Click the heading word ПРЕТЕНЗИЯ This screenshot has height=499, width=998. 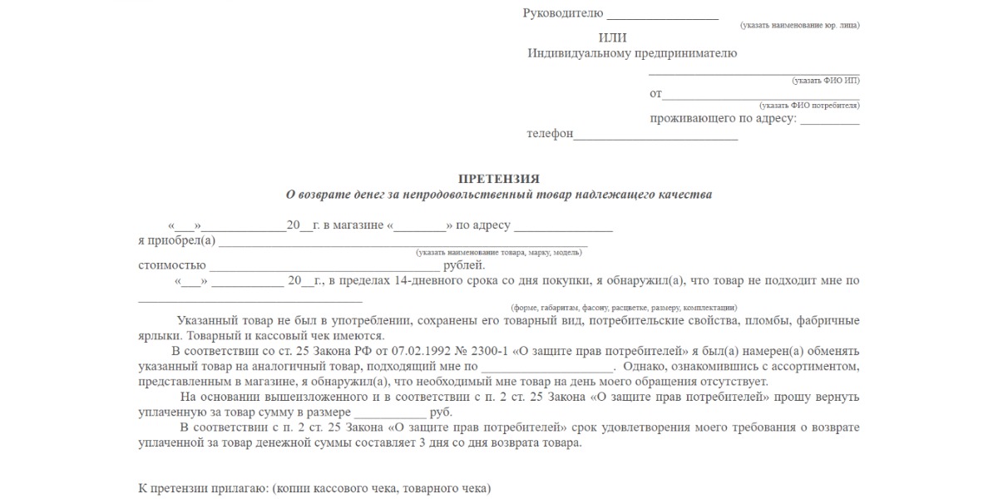[499, 179]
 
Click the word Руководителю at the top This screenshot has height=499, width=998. [561, 13]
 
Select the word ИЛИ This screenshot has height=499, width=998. [613, 37]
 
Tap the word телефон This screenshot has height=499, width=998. [550, 134]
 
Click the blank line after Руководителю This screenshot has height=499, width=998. [663, 16]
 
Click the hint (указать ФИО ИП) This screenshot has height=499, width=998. [826, 81]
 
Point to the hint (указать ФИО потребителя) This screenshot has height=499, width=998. [809, 106]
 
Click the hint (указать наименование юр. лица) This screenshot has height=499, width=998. [800, 26]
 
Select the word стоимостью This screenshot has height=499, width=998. [171, 265]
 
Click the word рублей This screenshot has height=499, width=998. [463, 265]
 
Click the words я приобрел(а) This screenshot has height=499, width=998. [176, 241]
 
